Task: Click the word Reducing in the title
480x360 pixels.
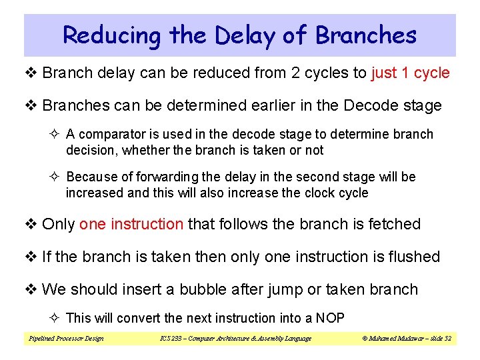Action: [x=112, y=35]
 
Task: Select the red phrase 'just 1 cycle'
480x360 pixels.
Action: [x=410, y=73]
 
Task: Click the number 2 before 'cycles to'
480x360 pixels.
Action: [x=295, y=73]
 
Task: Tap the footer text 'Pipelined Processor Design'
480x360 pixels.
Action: [x=66, y=339]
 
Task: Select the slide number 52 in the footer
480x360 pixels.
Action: [x=447, y=339]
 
